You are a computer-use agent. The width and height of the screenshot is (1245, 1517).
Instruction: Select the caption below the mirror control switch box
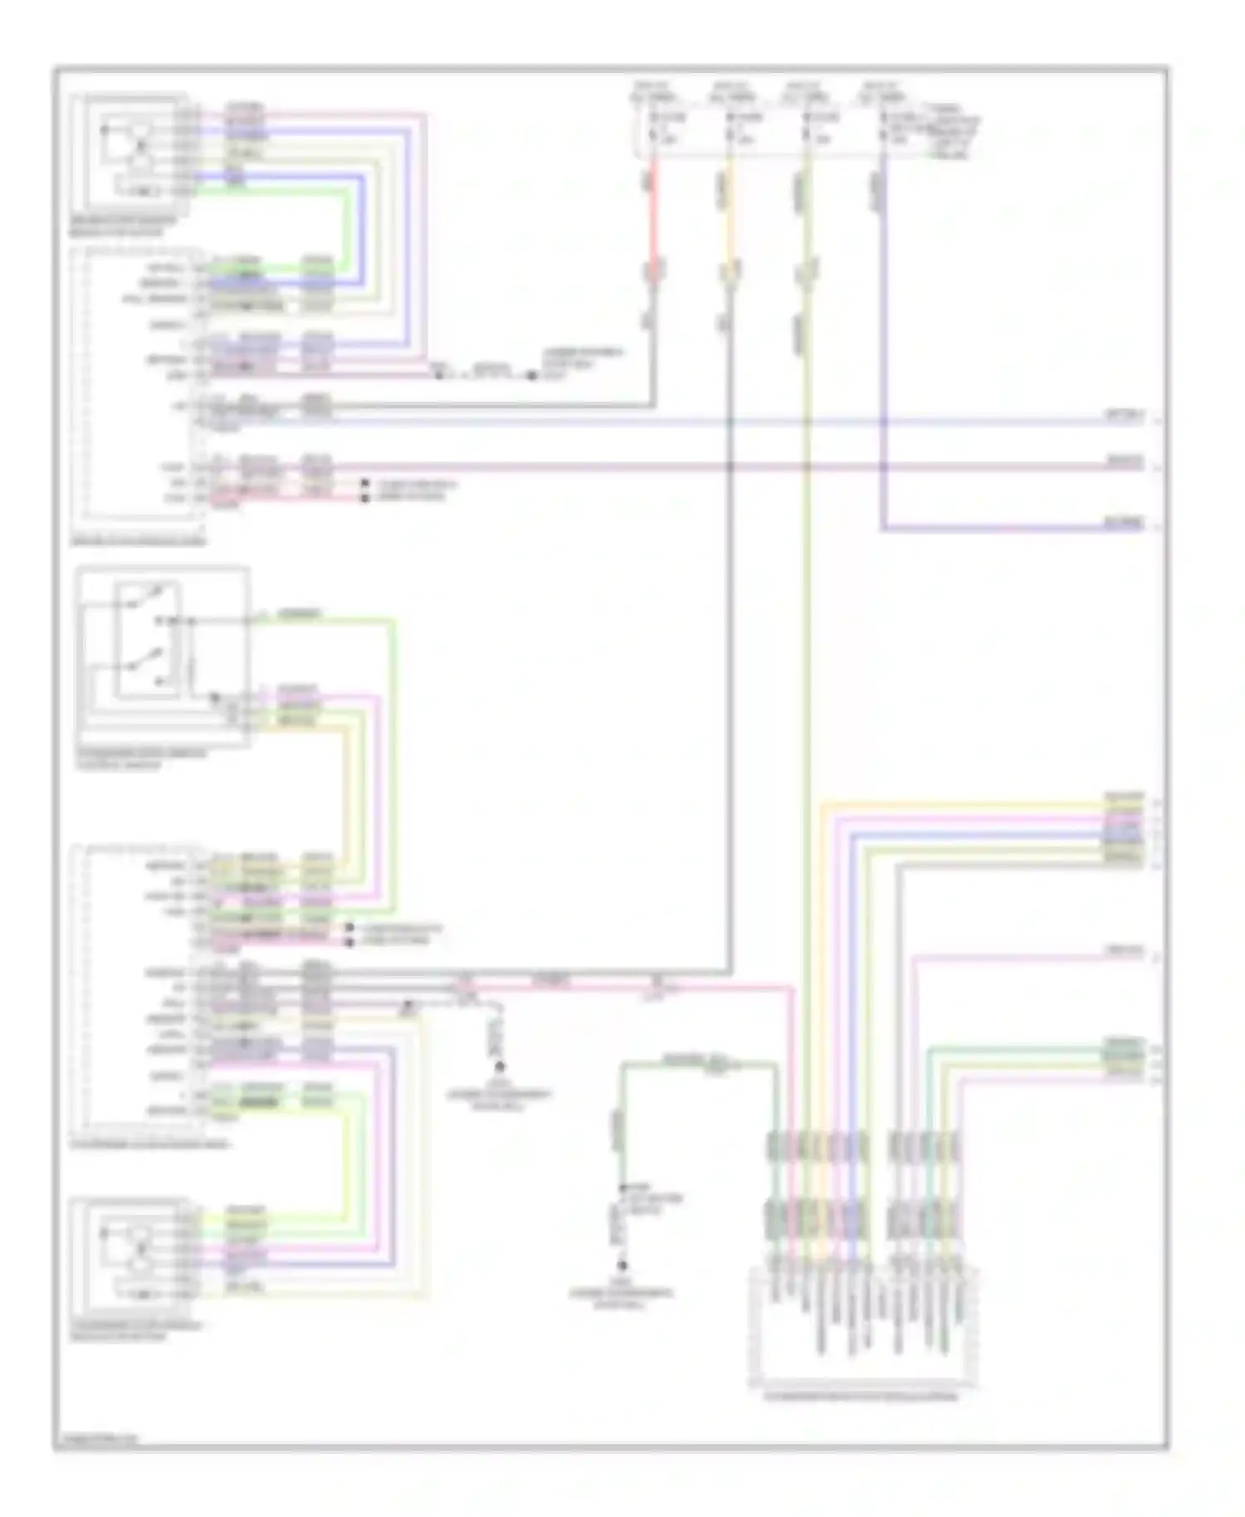tap(141, 758)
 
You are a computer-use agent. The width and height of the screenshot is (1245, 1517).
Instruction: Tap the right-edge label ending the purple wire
tap(1125, 524)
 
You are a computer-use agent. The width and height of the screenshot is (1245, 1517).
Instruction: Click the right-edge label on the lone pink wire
tap(1125, 952)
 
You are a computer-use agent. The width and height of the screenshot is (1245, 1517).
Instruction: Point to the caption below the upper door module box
tap(138, 541)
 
